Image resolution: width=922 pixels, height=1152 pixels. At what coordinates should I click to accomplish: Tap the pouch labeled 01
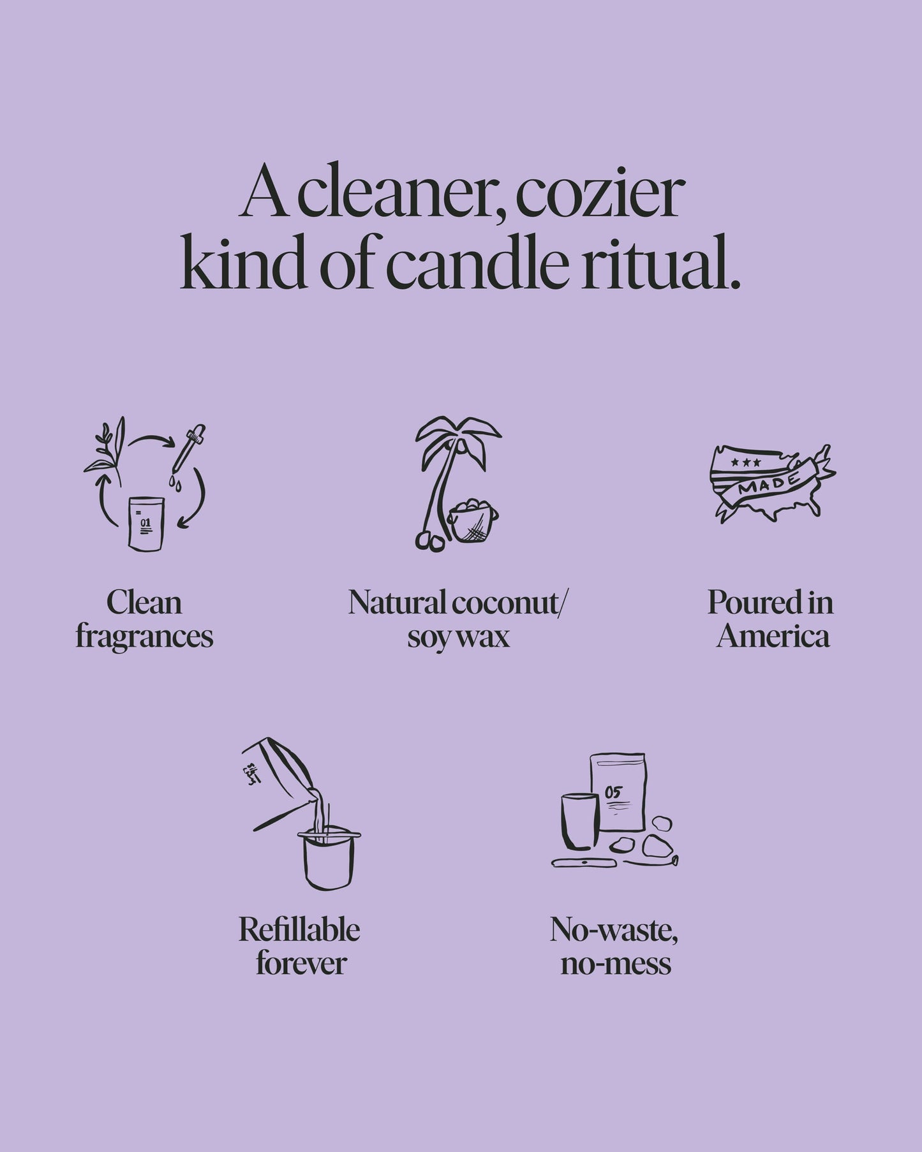pyautogui.click(x=146, y=523)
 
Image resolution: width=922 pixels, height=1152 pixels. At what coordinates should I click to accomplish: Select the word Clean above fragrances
pyautogui.click(x=144, y=603)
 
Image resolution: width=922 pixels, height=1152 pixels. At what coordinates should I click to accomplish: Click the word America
pyautogui.click(x=773, y=637)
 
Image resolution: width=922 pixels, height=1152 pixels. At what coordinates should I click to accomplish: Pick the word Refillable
pyautogui.click(x=300, y=929)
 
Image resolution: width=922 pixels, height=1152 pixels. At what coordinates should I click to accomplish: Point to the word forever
pyautogui.click(x=301, y=963)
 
